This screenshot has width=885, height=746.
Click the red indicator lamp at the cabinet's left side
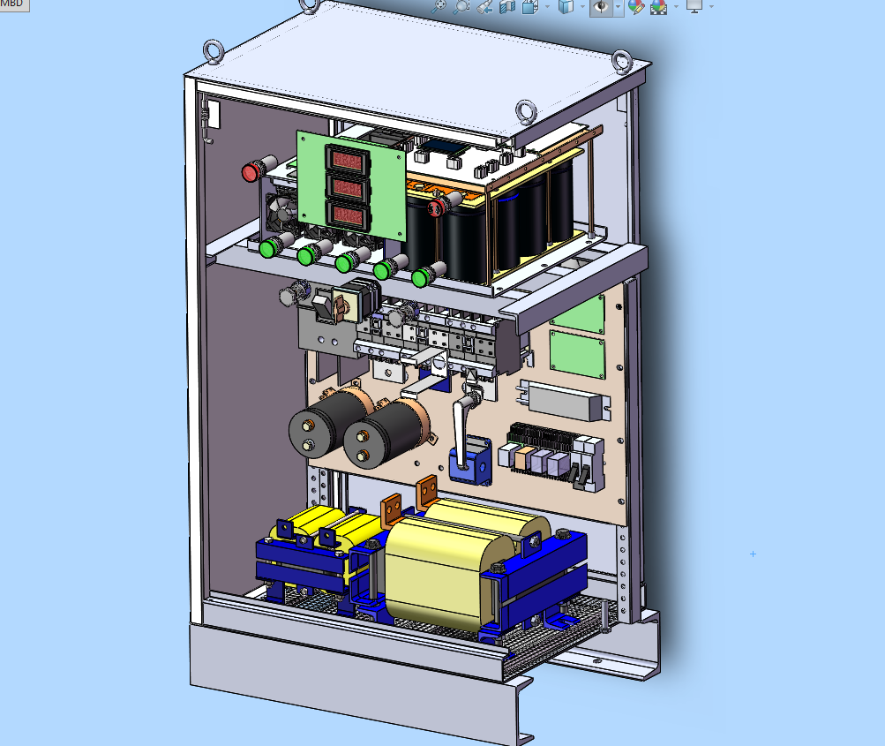(x=251, y=172)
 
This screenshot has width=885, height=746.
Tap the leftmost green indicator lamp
(x=268, y=248)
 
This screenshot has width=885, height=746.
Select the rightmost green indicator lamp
(x=421, y=278)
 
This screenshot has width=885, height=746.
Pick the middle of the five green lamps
(x=344, y=263)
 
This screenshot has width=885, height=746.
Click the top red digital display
(x=348, y=161)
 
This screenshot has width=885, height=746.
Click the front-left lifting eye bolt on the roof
(x=214, y=51)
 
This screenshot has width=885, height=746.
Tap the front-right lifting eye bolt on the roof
(x=526, y=112)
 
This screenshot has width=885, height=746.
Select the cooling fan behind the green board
(x=281, y=211)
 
